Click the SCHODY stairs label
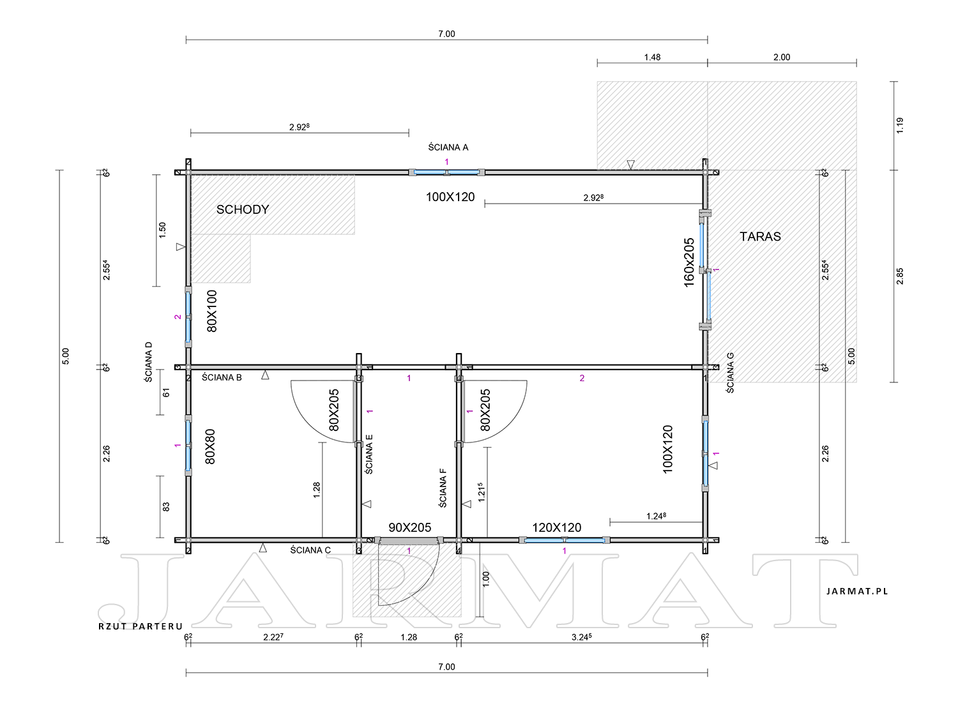coord(242,209)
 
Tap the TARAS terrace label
coord(760,237)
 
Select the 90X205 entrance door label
coord(409,527)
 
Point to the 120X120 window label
coord(556,527)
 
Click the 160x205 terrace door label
coord(689,262)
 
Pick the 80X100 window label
coord(211,311)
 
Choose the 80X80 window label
coord(210,446)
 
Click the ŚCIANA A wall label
coord(448,147)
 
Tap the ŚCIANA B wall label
coord(222,377)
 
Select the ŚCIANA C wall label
coord(310,550)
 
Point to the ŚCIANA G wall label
coord(730,373)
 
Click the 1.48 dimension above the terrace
coord(652,57)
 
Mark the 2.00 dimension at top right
coord(781,57)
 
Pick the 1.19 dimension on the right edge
coord(900,126)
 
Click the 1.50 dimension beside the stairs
coord(162,230)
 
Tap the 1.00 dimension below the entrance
coord(485,579)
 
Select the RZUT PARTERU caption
coord(141,626)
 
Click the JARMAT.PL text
coord(857,591)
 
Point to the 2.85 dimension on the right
coord(900,276)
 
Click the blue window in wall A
coord(446,172)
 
